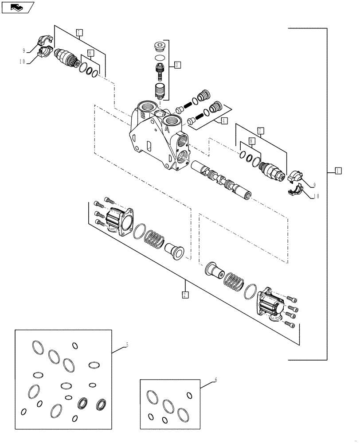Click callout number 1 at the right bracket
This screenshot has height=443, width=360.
(x=338, y=171)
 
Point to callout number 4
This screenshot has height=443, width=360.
(x=224, y=120)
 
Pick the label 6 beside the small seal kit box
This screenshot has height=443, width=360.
(x=215, y=380)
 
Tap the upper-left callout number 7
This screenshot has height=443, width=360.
(x=78, y=32)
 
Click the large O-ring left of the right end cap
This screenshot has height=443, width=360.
(x=250, y=291)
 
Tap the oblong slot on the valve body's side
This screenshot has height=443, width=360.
(x=149, y=146)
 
